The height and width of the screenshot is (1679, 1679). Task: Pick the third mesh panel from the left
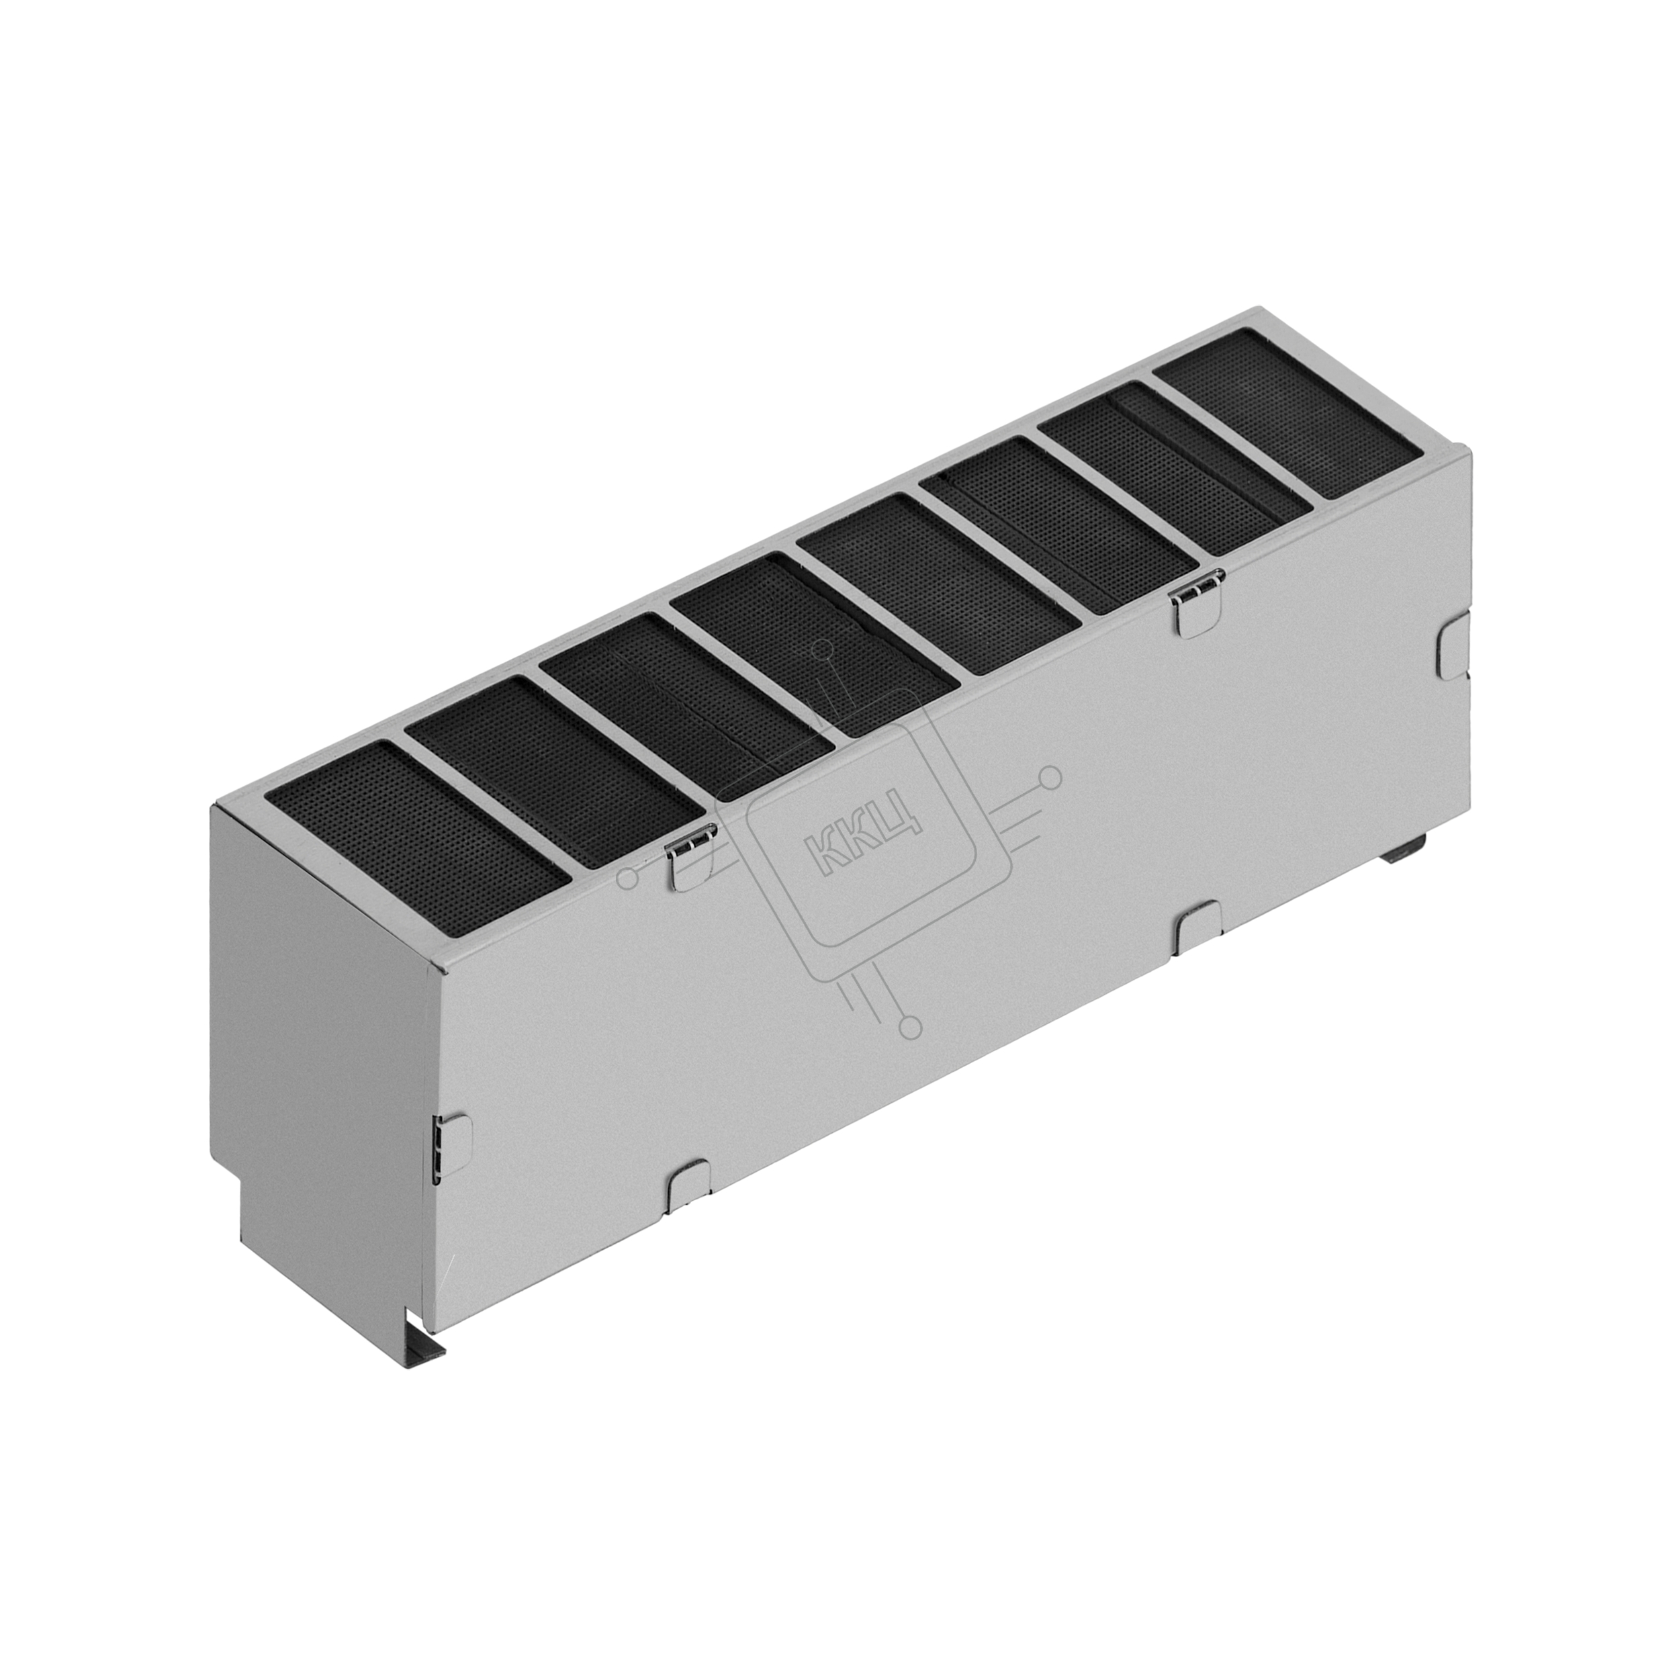tap(686, 707)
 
